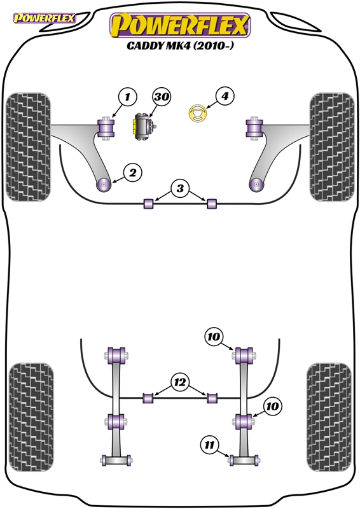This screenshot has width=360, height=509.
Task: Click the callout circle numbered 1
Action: [128, 97]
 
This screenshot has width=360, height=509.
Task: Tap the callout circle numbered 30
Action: [162, 97]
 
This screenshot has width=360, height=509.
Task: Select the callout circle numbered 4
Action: [225, 96]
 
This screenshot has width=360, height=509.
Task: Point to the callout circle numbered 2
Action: [133, 172]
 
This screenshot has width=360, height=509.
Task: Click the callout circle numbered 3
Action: [180, 188]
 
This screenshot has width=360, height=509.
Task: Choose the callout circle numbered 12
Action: [180, 382]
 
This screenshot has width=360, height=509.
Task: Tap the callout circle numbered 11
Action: [210, 444]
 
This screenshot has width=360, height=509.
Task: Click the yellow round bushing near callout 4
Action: [197, 113]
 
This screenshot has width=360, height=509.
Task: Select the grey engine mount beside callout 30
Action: [144, 127]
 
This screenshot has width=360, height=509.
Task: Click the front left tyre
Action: [28, 147]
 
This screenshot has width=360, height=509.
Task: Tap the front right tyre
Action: [332, 147]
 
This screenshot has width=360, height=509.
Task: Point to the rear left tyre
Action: [32, 417]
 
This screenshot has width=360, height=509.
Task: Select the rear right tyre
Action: [329, 417]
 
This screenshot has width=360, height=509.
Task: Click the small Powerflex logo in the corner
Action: [44, 18]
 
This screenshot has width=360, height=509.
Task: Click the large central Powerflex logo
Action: [180, 25]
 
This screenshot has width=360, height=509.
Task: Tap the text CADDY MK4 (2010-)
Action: [180, 46]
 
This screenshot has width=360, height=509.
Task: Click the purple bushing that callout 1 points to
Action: [106, 129]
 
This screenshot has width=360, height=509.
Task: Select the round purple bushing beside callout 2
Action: [104, 185]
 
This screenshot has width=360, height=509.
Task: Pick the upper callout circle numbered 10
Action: [213, 337]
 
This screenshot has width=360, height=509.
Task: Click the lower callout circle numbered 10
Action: [272, 406]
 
